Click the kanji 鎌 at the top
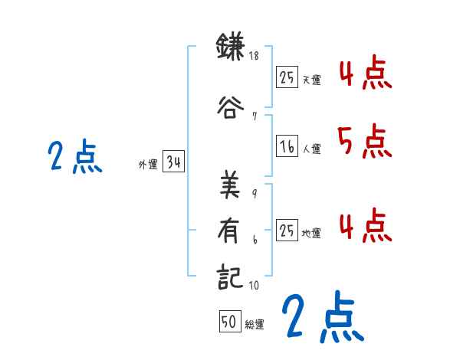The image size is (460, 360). [231, 48]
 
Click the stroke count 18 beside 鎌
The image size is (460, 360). [255, 57]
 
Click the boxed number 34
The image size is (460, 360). [173, 162]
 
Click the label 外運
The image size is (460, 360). [147, 163]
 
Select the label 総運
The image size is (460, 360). [255, 325]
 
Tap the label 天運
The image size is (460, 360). [312, 80]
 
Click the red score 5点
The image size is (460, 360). [363, 142]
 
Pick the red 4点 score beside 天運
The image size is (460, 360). [363, 74]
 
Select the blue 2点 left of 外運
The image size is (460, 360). [75, 158]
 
